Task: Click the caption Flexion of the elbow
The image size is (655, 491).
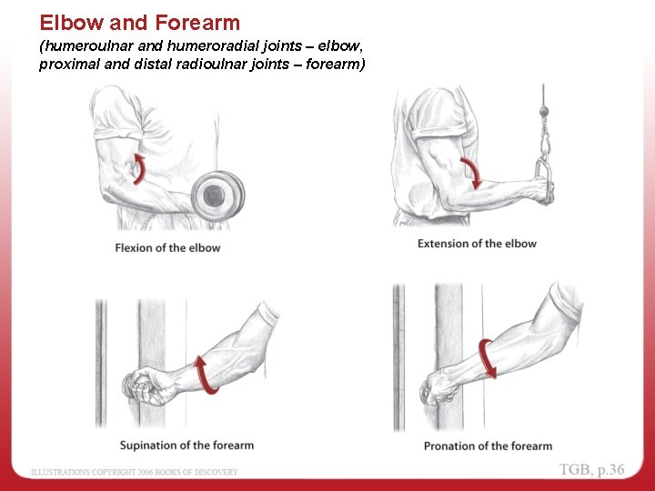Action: click(x=167, y=247)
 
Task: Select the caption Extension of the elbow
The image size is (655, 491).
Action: click(x=477, y=244)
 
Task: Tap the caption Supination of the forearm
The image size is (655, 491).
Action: click(x=186, y=445)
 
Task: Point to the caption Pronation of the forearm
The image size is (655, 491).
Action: click(x=488, y=446)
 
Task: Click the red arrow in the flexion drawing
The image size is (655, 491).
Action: click(x=139, y=168)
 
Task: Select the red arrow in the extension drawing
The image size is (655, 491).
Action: click(x=474, y=172)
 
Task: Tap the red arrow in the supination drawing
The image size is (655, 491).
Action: click(x=208, y=375)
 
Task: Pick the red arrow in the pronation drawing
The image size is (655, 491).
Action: click(x=489, y=359)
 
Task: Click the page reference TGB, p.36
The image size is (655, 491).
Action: click(x=592, y=469)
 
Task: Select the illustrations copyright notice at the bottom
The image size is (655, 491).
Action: click(x=135, y=472)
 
